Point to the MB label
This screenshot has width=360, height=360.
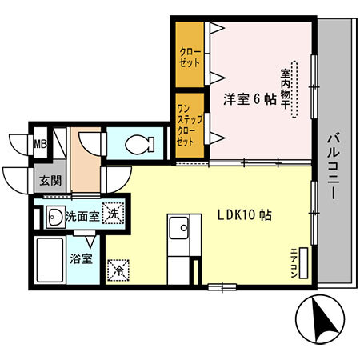[39, 144]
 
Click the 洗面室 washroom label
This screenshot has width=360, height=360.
[82, 214]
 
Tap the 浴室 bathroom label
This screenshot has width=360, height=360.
[81, 258]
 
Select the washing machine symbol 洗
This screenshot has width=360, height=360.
[115, 214]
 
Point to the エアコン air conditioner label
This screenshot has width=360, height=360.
[294, 259]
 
